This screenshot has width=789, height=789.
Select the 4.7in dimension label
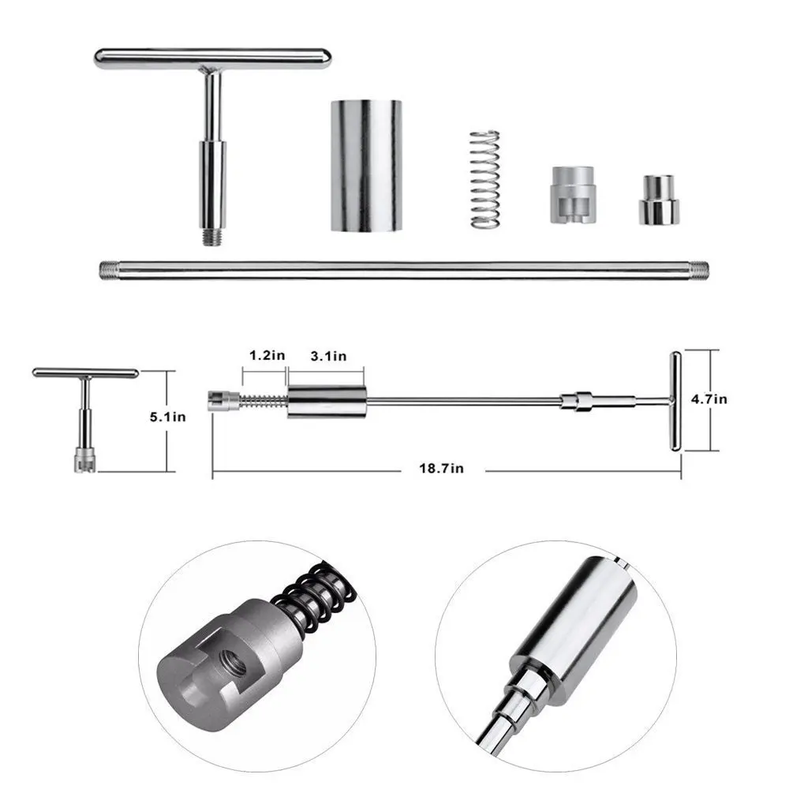pos(709,399)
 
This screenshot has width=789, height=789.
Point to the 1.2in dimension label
pos(267,356)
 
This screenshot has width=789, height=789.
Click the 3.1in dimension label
pos(327,356)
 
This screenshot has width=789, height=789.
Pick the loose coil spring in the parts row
pos(485,179)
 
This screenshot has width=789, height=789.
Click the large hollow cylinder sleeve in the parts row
pos(365,165)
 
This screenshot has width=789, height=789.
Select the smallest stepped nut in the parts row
pos(660,200)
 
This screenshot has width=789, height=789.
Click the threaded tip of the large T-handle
pos(211,234)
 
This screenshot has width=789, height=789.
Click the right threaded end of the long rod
pos(697,269)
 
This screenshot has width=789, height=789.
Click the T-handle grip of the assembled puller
pos(676,402)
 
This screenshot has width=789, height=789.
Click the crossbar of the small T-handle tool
pos(85,372)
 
